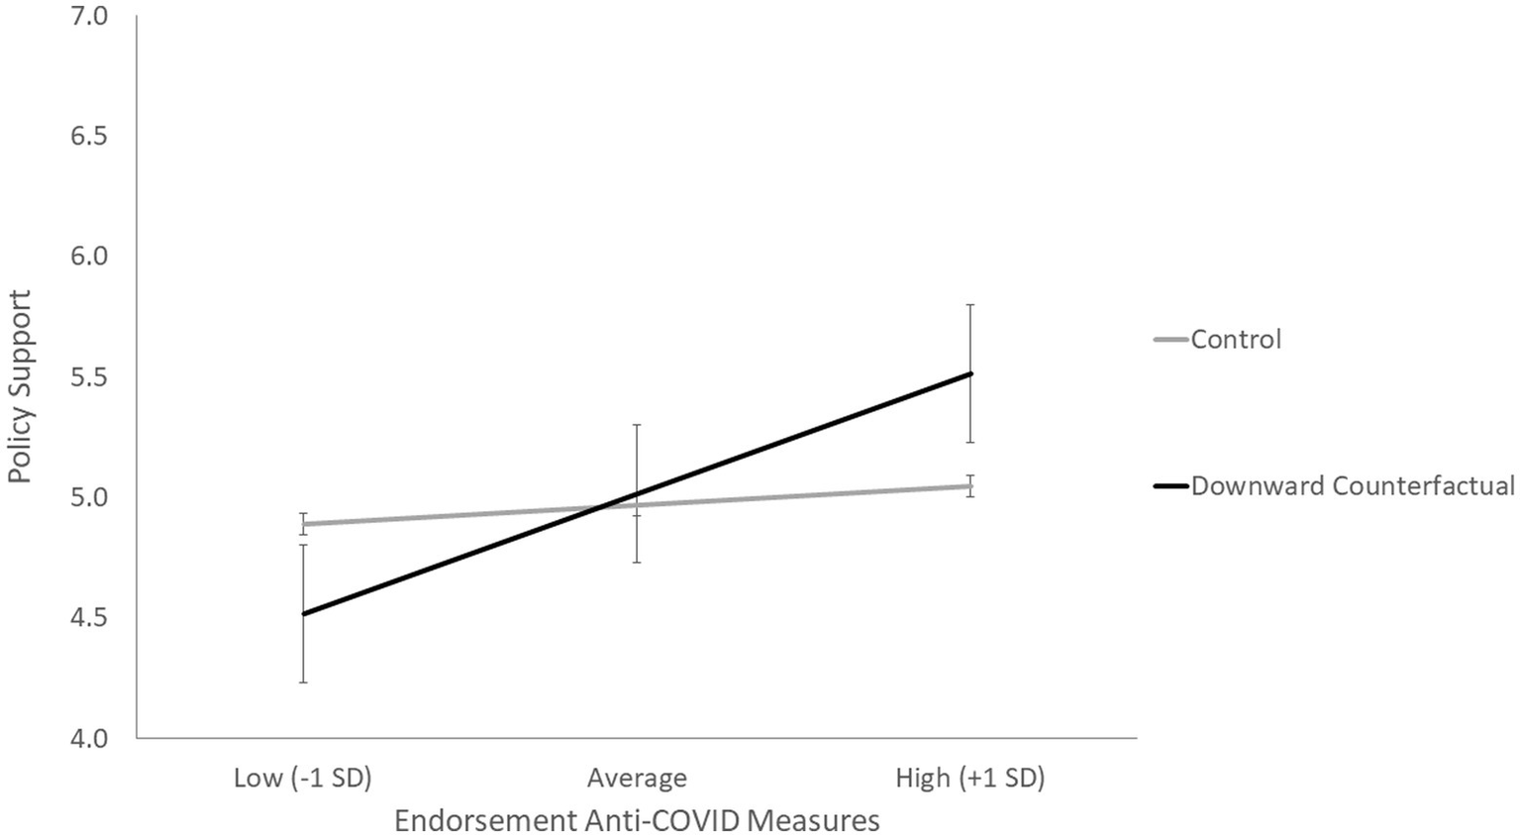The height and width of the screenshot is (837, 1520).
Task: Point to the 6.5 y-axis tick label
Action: [89, 136]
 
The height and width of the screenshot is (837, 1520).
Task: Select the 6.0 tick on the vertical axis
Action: [89, 256]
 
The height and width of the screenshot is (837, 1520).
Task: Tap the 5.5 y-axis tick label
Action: [89, 376]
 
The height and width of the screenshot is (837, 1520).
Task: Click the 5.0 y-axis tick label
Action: [89, 496]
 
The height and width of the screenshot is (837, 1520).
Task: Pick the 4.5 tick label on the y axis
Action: [89, 617]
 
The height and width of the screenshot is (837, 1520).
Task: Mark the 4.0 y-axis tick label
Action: [89, 738]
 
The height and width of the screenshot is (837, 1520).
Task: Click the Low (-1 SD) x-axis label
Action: [302, 778]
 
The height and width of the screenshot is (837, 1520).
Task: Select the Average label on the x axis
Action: [637, 778]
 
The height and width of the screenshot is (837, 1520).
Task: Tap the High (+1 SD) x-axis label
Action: [969, 778]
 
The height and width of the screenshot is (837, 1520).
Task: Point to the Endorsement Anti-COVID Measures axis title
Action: [637, 821]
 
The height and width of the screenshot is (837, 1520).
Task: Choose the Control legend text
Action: [1236, 339]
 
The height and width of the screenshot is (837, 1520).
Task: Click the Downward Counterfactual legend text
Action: [1353, 485]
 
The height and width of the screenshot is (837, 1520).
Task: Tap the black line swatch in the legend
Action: [1171, 485]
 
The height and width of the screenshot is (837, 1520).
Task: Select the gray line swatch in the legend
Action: [1171, 339]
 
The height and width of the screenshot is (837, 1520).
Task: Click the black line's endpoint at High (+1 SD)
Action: [970, 373]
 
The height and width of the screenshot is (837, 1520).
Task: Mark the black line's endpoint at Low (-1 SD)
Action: [303, 614]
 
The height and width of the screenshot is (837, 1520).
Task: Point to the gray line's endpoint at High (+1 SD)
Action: [970, 485]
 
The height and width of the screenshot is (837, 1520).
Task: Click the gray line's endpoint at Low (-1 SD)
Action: [303, 524]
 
